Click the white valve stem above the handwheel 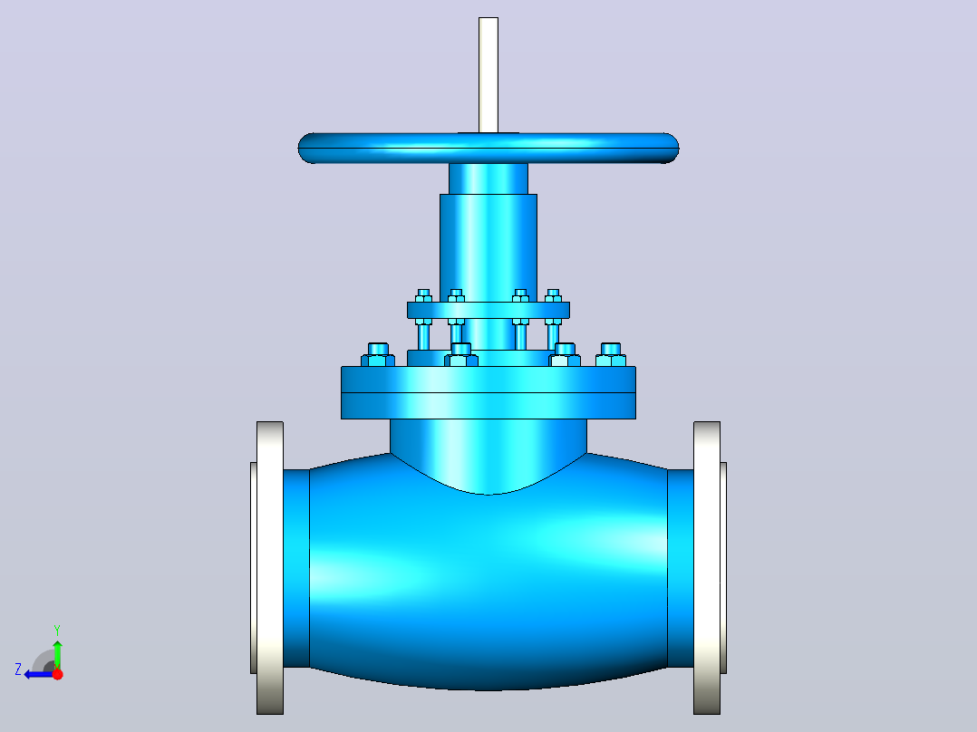coord(488,75)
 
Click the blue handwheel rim coord(488,149)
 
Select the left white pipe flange coord(269,567)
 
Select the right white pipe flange coord(707,567)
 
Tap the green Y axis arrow coord(57,653)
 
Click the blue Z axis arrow coord(39,674)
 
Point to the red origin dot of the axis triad coord(57,674)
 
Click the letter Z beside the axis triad coord(18,669)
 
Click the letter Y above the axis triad coord(57,630)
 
